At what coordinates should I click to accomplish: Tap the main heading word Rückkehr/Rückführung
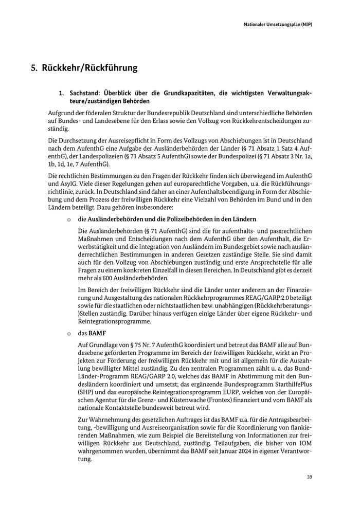[x=89, y=68]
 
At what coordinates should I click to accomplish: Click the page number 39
[x=310, y=477]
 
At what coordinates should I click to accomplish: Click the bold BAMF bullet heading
[x=97, y=333]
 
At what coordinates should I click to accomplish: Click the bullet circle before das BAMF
[x=68, y=334]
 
